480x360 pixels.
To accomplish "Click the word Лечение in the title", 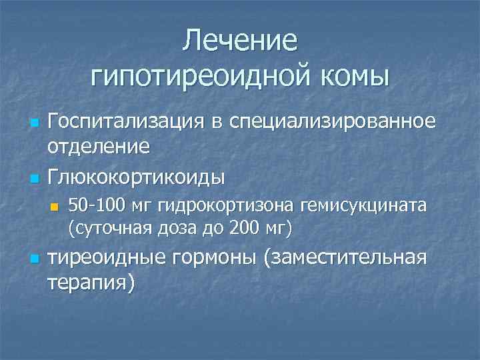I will point(240,40).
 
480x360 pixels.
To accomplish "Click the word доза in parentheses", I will point(178,229).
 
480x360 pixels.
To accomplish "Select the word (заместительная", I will point(345,258).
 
